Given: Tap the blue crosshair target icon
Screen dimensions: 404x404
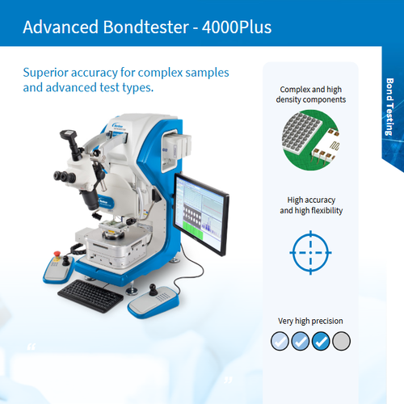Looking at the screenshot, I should click(311, 252).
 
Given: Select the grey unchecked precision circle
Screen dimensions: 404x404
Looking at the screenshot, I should click(342, 341).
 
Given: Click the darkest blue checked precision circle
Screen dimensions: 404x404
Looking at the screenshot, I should click(321, 341).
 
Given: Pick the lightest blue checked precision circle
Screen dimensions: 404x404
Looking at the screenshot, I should click(280, 341).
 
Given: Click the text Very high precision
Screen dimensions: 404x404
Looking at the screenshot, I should click(311, 320).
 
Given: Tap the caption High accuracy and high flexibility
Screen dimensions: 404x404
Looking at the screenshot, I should click(311, 204).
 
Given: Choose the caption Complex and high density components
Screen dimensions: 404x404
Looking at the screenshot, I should click(311, 95).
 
